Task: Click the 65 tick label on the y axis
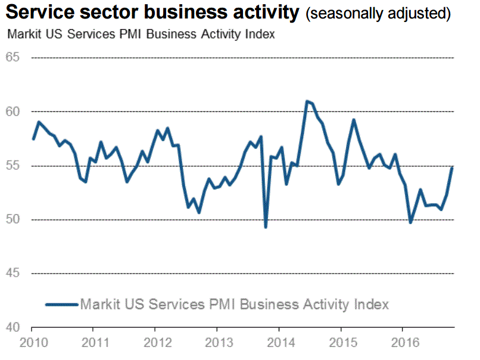(x=13, y=58)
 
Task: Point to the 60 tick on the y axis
(x=13, y=111)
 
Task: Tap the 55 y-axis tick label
(x=13, y=166)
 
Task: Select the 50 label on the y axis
(x=13, y=219)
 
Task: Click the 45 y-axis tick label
(x=13, y=274)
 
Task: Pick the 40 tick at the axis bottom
(x=13, y=327)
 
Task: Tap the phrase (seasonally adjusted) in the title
(x=378, y=14)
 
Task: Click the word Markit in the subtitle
(x=24, y=34)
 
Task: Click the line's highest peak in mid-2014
(x=307, y=101)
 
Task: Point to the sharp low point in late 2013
(x=266, y=226)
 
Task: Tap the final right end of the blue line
(x=452, y=167)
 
